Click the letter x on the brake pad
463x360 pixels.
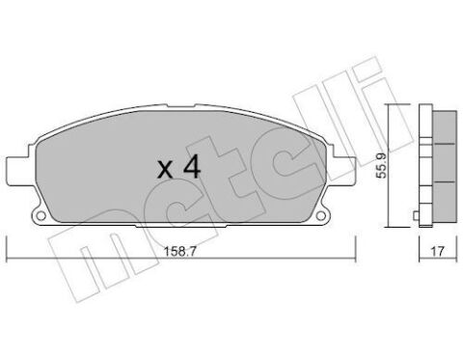[166, 170]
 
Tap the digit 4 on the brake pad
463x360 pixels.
[191, 166]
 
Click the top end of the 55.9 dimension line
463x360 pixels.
[390, 102]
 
